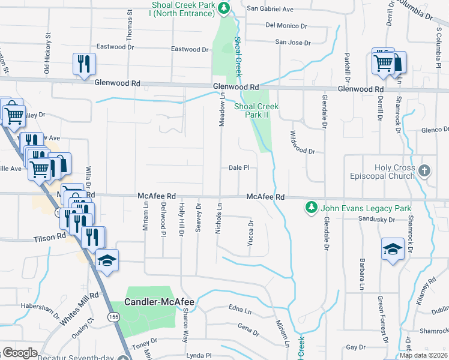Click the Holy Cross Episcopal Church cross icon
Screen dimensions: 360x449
pyautogui.click(x=424, y=170)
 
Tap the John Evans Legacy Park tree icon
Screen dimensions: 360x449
pyautogui.click(x=311, y=208)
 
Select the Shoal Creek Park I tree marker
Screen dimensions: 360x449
pyautogui.click(x=224, y=8)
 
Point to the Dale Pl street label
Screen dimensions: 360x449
pyautogui.click(x=239, y=169)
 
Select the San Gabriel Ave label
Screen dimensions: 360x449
pyautogui.click(x=270, y=9)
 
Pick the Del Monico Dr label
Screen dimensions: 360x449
pyautogui.click(x=286, y=26)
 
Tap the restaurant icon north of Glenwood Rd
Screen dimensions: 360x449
pyautogui.click(x=83, y=64)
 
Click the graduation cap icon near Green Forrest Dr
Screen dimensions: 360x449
pyautogui.click(x=393, y=249)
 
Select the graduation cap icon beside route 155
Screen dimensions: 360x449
pyautogui.click(x=107, y=260)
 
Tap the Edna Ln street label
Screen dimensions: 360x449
pyautogui.click(x=239, y=310)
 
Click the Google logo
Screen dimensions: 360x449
pyautogui.click(x=20, y=353)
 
